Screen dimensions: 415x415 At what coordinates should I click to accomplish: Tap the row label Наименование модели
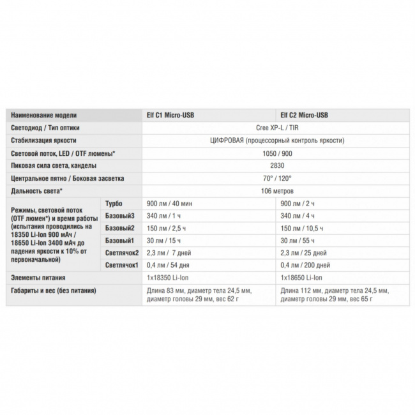point(44,116)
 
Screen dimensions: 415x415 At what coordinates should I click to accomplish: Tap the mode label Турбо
point(114,203)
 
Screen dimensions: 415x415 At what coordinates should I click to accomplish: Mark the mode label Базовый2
point(119,227)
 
